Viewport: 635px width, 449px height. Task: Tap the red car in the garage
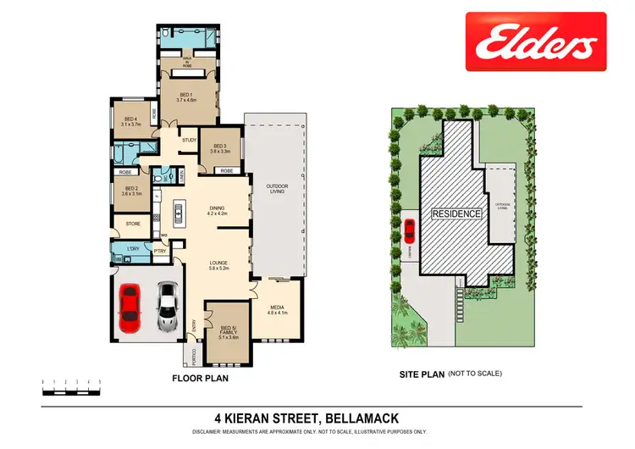(129, 308)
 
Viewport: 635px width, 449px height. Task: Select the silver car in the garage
(167, 307)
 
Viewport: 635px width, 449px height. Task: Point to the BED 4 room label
(130, 121)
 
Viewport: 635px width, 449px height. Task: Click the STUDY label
(189, 140)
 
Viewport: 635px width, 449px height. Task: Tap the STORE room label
(132, 224)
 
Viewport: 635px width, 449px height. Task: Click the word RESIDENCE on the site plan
(457, 213)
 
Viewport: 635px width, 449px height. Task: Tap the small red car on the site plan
(409, 229)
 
